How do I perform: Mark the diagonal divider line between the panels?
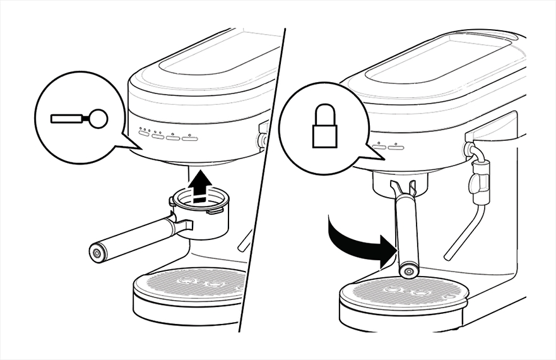coord(262,180)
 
